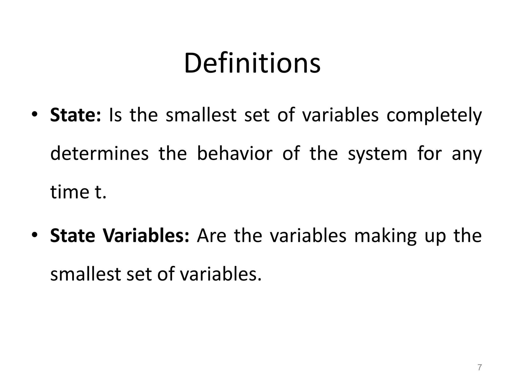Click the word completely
tap(434, 116)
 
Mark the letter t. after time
tap(101, 192)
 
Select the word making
tap(385, 236)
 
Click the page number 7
tap(479, 367)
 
